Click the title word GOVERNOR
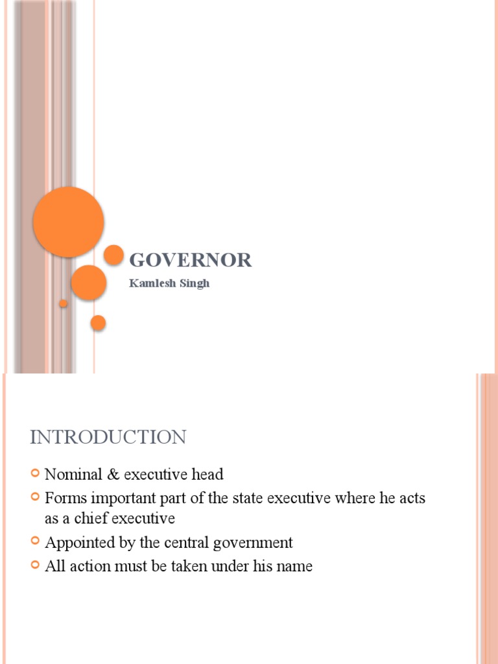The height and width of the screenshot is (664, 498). pos(191,261)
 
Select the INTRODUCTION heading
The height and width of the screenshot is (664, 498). pos(108,437)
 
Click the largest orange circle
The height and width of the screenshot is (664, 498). pos(68,222)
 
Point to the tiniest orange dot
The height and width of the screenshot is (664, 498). pos(64,303)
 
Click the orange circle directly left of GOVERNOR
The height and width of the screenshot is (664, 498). pos(114,255)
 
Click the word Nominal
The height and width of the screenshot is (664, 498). pos(71,474)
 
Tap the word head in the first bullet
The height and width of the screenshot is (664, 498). pos(207,474)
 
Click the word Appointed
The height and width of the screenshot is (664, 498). pos(77,542)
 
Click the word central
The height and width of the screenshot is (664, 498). pos(192,542)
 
